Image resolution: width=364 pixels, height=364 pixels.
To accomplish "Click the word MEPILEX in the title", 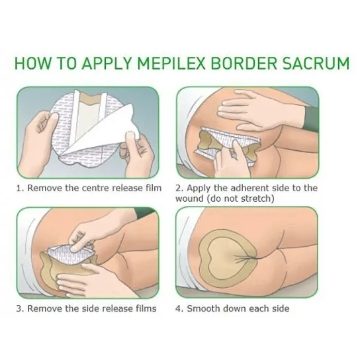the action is pyautogui.click(x=171, y=63).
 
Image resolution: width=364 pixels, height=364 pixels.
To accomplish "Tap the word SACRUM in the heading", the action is pyautogui.click(x=316, y=63).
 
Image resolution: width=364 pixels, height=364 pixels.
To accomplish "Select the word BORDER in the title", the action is pyautogui.click(x=244, y=63).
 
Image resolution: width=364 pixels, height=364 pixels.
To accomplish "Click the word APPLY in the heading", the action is pyautogui.click(x=107, y=63).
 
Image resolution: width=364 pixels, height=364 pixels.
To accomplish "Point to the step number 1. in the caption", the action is pyautogui.click(x=20, y=188).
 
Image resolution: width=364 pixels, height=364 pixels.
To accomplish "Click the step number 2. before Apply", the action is pyautogui.click(x=179, y=188).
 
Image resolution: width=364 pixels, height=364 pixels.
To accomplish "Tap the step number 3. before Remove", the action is pyautogui.click(x=20, y=308).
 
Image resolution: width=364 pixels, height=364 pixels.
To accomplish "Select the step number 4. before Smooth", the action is pyautogui.click(x=179, y=308).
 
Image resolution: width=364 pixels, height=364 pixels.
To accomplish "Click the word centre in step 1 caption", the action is pyautogui.click(x=95, y=188).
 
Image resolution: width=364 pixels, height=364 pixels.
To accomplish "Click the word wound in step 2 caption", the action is pyautogui.click(x=189, y=199).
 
